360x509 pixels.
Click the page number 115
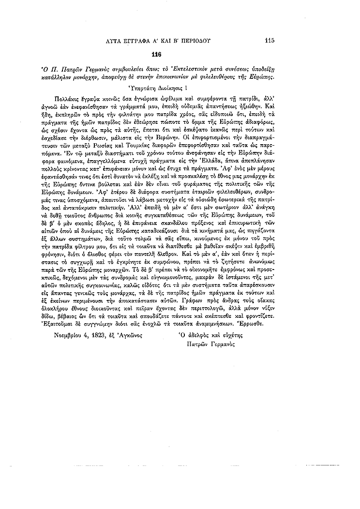(x=270, y=41)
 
